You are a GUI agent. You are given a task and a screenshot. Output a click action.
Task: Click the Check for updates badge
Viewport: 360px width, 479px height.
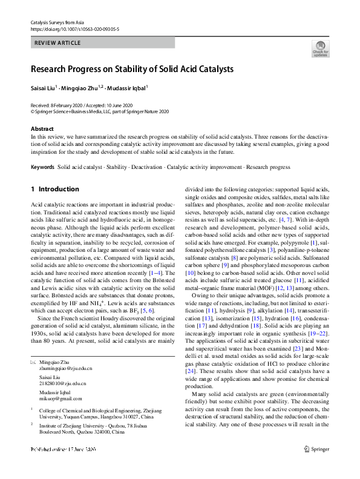pyautogui.click(x=320, y=48)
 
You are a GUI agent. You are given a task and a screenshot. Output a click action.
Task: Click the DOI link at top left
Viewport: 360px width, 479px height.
pyautogui.click(x=74, y=28)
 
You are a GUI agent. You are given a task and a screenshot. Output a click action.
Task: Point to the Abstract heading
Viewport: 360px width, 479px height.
pyautogui.click(x=42, y=129)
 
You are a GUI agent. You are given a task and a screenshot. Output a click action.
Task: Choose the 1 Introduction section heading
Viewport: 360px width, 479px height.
pyautogui.click(x=55, y=189)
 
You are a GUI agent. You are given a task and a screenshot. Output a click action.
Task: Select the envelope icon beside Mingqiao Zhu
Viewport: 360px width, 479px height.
pyautogui.click(x=33, y=345)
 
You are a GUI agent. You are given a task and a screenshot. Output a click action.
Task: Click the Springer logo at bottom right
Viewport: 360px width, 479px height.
pyautogui.click(x=316, y=466)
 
